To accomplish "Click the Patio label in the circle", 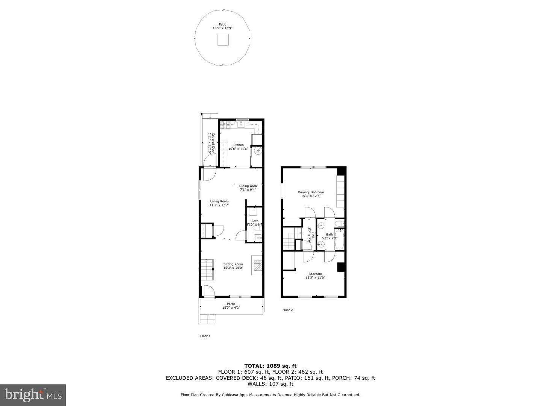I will coord(223,24).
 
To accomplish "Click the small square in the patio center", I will coord(223,39).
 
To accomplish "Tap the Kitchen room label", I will coord(238,145).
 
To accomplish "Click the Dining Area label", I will coord(248,186).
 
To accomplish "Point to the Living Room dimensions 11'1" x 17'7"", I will coord(219,205).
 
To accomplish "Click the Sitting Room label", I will coord(233,264).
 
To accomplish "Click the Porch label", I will coord(231,304).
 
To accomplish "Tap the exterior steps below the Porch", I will coord(208,319).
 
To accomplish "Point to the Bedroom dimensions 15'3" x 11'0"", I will coord(315,277).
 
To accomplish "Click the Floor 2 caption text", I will coord(287,310).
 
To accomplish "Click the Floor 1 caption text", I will coord(205,336).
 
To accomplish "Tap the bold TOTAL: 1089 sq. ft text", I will coord(270,365).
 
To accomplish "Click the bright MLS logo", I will coord(33,395).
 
